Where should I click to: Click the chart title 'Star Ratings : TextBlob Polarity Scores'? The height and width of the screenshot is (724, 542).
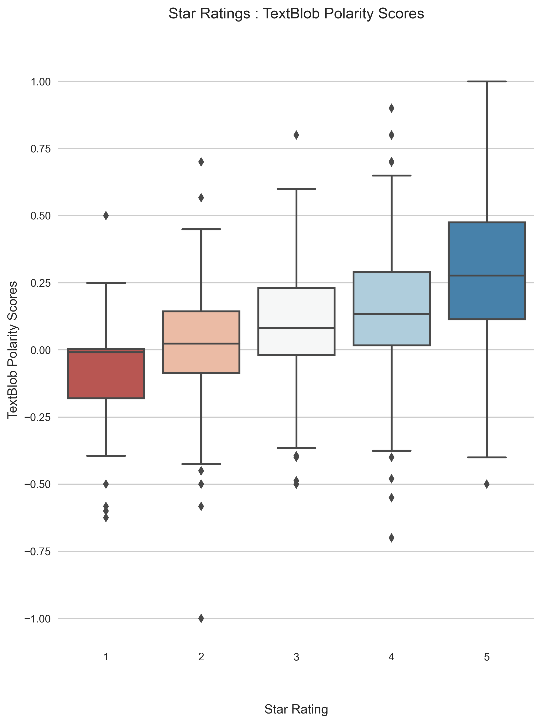pos(296,14)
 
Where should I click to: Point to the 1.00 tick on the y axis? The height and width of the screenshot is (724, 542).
pos(41,82)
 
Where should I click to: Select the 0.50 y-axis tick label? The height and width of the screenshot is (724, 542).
pos(41,216)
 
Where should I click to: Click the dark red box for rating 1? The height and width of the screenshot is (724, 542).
pos(106,376)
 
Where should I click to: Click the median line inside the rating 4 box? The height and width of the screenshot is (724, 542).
pos(391,314)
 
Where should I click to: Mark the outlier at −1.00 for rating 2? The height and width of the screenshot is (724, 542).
pos(201,618)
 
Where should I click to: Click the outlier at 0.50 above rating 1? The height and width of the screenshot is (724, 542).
pos(106,215)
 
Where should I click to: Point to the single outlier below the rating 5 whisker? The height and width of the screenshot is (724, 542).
pos(487,484)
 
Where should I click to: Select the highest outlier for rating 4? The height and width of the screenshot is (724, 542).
pos(391,108)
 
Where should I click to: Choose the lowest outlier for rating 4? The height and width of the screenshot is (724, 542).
pos(391,538)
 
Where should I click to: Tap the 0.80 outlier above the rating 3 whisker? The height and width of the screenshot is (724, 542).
pos(296,135)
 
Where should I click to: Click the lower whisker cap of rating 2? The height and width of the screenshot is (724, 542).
pos(201,464)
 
